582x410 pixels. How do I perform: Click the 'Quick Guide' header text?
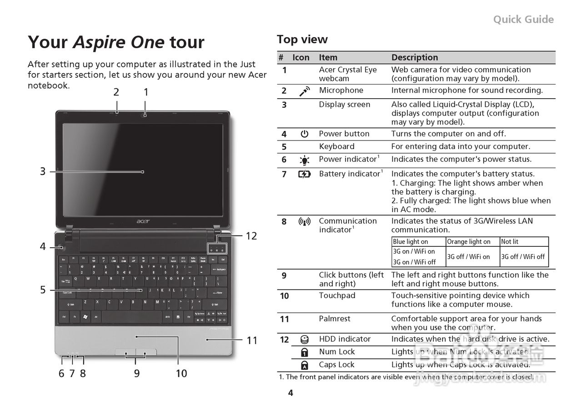coord(523,19)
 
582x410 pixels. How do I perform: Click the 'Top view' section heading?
coord(302,40)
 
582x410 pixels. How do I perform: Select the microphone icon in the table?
coord(304,91)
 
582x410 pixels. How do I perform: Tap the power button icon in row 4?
coord(304,134)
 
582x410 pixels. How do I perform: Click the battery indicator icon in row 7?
coord(304,174)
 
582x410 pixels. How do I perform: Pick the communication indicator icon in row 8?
coord(304,222)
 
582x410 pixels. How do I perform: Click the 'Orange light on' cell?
coord(468,242)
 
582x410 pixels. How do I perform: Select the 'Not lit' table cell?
coord(510,242)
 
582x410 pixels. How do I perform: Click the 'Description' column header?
coord(415,57)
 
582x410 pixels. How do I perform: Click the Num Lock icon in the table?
coord(304,352)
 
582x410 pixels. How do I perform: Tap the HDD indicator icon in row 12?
coord(304,339)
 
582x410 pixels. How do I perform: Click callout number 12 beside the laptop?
coord(251,236)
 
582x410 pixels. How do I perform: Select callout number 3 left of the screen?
coord(42,171)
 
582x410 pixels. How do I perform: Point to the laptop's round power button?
coord(61,247)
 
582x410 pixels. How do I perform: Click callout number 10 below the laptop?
coord(181,373)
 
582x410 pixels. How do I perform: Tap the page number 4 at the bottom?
coord(291,393)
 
